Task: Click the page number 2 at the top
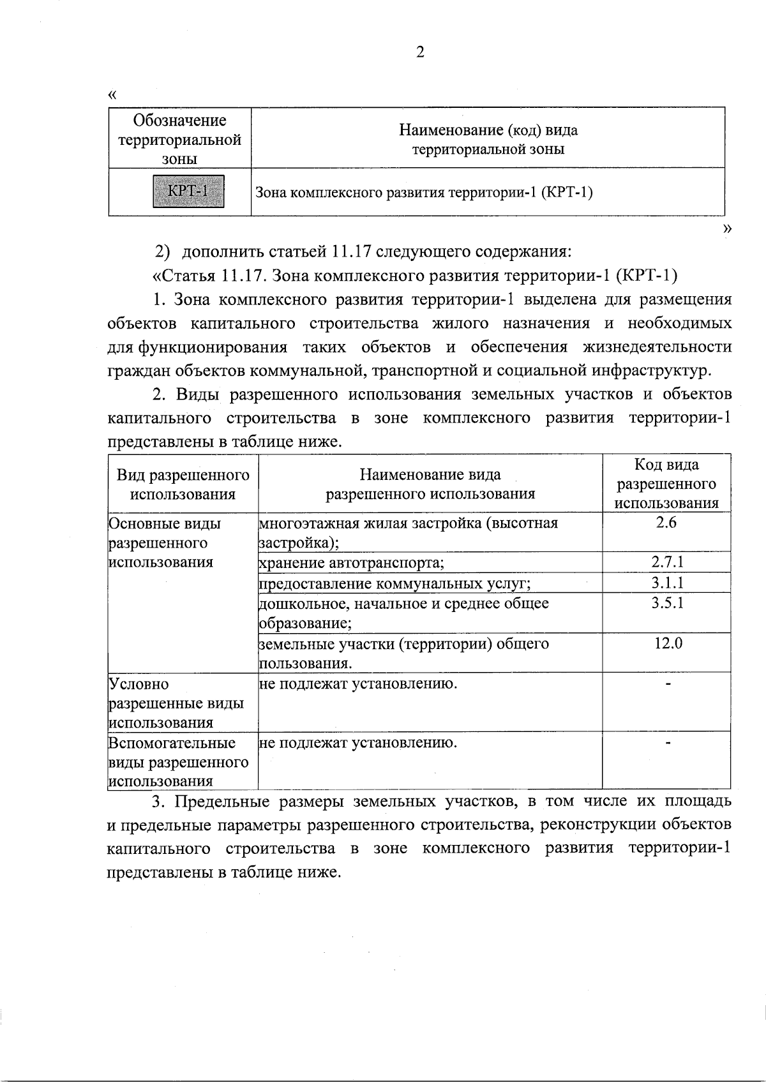coord(419,53)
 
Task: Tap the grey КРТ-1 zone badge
coord(188,191)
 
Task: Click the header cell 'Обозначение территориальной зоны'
coord(180,139)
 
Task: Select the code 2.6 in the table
coord(666,523)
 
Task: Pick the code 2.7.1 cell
coord(667,562)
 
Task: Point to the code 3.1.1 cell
coord(667,583)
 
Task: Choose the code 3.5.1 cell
coord(667,603)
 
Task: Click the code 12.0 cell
coord(668,643)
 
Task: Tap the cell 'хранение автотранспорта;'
coord(352,563)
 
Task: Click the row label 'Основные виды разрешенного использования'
coord(165,543)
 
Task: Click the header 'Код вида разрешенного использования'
coord(666,484)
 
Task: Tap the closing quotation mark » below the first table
coord(726,228)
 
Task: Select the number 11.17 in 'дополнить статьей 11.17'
coord(350,251)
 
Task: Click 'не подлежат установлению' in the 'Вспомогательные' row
coord(358,743)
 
